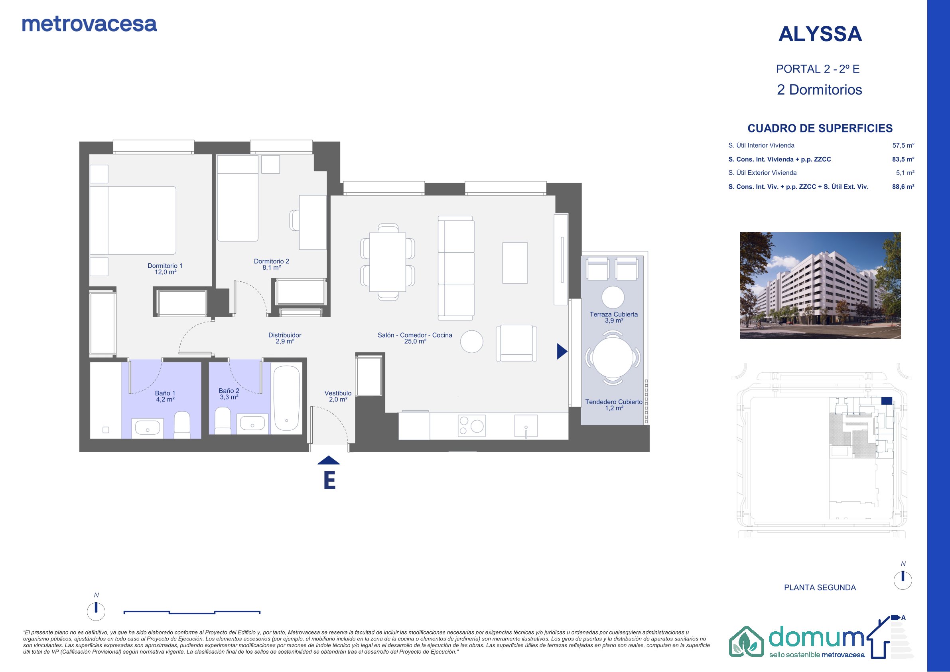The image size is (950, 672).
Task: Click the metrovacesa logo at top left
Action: (89, 24)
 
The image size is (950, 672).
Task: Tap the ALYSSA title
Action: (820, 34)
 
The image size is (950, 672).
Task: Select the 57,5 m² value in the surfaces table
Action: (903, 145)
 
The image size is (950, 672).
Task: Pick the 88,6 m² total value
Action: (903, 187)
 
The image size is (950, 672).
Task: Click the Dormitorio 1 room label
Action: (165, 269)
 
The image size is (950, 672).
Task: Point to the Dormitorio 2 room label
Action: (272, 264)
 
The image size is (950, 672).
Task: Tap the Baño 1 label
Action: (165, 396)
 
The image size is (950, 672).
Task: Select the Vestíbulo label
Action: (338, 396)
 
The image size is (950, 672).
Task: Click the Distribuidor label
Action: (285, 338)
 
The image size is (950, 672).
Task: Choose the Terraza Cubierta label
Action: (614, 317)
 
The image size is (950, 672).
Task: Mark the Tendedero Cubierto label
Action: (614, 405)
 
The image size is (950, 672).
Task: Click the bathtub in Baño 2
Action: (286, 399)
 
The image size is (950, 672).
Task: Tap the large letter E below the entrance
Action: (329, 480)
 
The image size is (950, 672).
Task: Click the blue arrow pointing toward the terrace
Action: (562, 351)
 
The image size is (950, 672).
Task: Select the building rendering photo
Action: (820, 285)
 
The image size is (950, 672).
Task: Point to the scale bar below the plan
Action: (192, 612)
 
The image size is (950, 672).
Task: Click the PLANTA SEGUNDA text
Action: (820, 587)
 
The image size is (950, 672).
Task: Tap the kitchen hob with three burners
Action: (471, 426)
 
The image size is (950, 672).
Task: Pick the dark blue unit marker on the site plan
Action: (887, 401)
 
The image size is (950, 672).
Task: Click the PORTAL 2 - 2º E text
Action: (818, 69)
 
